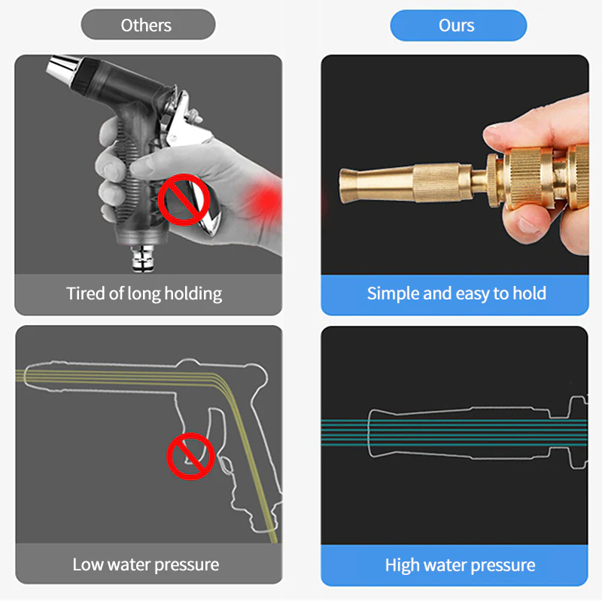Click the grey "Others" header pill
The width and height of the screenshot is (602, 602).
click(x=148, y=25)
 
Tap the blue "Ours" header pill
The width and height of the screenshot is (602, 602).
click(x=458, y=26)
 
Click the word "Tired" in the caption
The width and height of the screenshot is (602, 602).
click(x=86, y=293)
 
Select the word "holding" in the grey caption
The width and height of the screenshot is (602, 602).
click(x=193, y=294)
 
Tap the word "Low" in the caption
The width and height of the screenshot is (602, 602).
click(x=88, y=565)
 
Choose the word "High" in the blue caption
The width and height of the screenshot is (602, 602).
click(x=401, y=566)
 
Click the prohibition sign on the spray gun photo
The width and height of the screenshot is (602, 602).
click(x=184, y=199)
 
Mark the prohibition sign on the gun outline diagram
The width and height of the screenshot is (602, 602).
click(x=190, y=456)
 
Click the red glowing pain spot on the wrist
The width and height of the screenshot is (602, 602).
click(x=265, y=200)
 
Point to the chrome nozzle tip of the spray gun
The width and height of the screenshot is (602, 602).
click(x=62, y=68)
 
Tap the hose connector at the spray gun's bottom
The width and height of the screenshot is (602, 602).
click(x=143, y=258)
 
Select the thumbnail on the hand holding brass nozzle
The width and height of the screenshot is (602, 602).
click(x=530, y=225)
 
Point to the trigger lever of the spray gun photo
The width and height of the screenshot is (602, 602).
click(x=195, y=161)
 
